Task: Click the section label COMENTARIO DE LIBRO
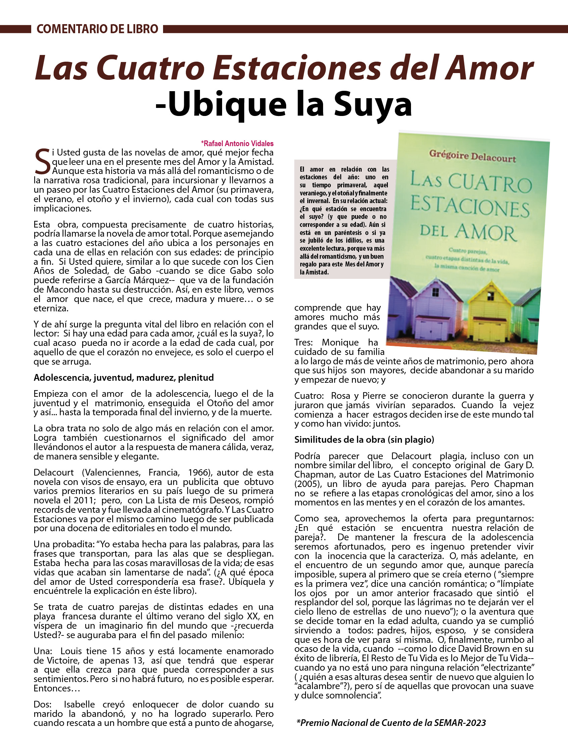point(97,29)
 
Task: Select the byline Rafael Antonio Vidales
point(238,143)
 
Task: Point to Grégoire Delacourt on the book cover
point(472,157)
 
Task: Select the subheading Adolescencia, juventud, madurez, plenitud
point(124,378)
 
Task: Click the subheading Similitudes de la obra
point(364,439)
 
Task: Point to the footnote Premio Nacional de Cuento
point(391,723)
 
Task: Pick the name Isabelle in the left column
point(80,704)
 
